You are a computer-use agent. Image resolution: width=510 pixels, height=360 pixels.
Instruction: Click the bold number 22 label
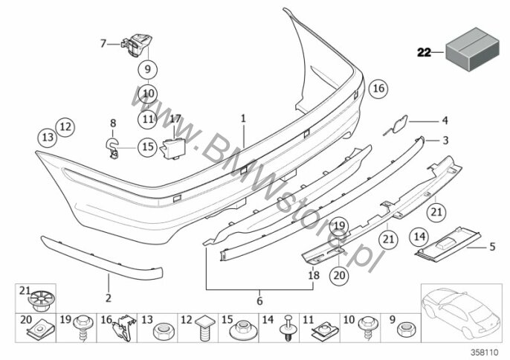[x=424, y=52]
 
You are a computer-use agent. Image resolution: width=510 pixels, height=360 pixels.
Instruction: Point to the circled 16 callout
[x=378, y=89]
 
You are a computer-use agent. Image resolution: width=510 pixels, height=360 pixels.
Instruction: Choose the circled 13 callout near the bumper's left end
[x=47, y=137]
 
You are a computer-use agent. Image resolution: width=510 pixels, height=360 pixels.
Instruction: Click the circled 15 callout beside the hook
[x=147, y=147]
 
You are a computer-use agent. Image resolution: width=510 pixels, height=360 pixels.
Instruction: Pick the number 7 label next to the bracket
[x=104, y=43]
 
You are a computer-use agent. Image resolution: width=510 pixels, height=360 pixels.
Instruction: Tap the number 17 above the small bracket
[x=175, y=118]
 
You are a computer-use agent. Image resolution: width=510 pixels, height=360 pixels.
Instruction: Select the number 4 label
[x=445, y=120]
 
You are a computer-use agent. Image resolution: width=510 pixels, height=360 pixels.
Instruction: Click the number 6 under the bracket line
[x=260, y=300]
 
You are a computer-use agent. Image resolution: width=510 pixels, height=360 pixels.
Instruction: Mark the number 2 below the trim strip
[x=108, y=298]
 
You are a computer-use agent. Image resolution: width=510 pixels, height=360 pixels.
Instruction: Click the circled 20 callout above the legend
[x=338, y=275]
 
